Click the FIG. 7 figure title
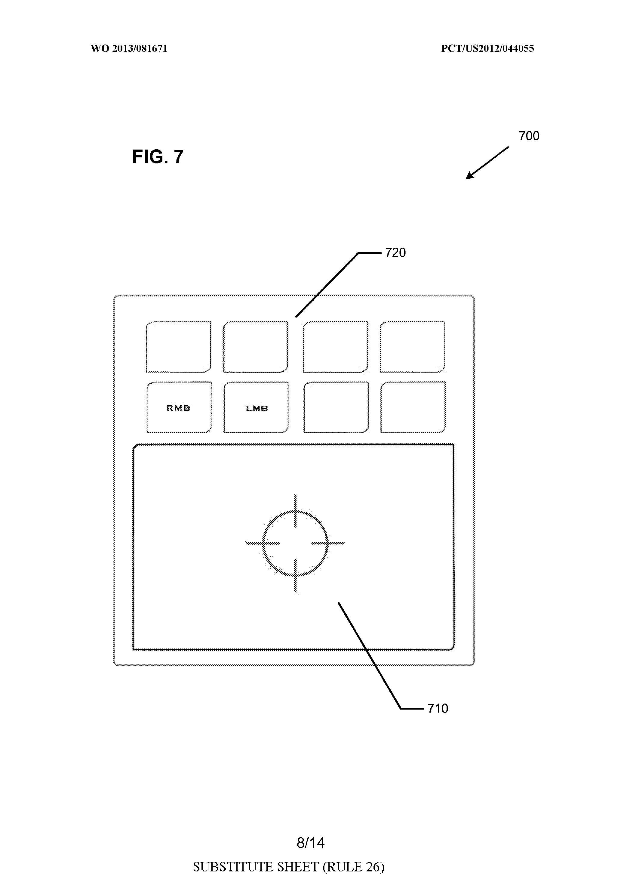pyautogui.click(x=158, y=156)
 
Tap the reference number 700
pyautogui.click(x=529, y=136)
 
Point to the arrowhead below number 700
pyautogui.click(x=469, y=176)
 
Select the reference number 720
pyautogui.click(x=395, y=253)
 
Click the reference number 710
pyautogui.click(x=438, y=708)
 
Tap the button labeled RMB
pyautogui.click(x=179, y=408)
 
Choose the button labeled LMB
pyautogui.click(x=256, y=408)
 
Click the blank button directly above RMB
pyautogui.click(x=179, y=347)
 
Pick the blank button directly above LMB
pyautogui.click(x=256, y=347)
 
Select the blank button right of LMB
pyautogui.click(x=336, y=408)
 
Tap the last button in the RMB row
pyautogui.click(x=413, y=408)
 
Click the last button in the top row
pyautogui.click(x=413, y=347)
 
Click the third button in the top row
pyautogui.click(x=336, y=347)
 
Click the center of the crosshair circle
pyautogui.click(x=295, y=543)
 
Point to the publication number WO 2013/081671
pyautogui.click(x=129, y=49)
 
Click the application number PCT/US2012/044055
pyautogui.click(x=487, y=49)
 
